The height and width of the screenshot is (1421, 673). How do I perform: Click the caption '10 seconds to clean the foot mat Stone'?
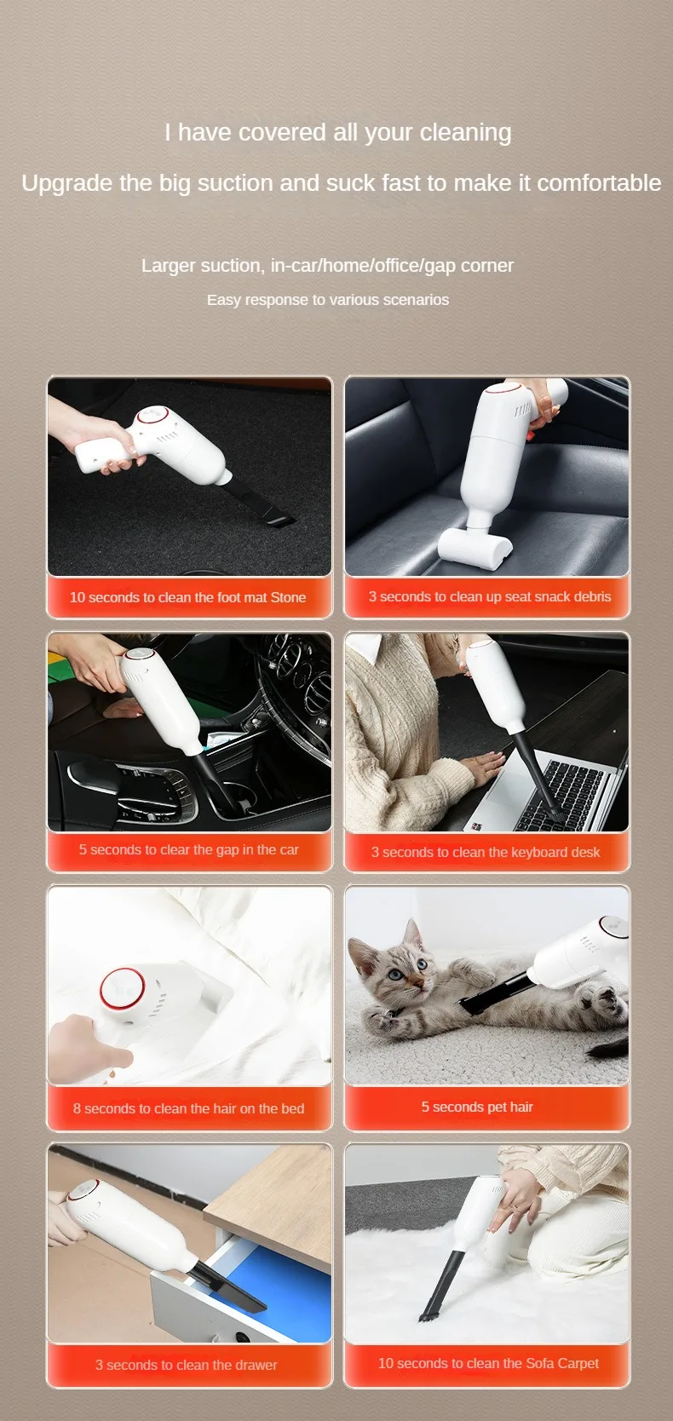click(x=187, y=597)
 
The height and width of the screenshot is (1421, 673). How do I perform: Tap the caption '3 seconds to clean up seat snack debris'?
click(x=490, y=596)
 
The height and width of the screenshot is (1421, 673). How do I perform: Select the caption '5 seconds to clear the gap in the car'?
click(x=188, y=849)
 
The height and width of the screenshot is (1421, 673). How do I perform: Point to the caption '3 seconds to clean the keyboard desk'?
click(x=486, y=852)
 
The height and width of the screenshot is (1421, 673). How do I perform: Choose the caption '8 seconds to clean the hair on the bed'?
click(x=188, y=1108)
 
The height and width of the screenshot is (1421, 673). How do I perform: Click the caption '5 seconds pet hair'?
click(x=477, y=1107)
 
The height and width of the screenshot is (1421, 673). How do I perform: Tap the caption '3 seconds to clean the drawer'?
click(x=186, y=1365)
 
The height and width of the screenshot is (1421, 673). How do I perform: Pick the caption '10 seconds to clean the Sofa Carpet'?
click(x=488, y=1362)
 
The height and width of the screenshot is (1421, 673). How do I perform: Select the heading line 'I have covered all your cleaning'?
click(x=338, y=132)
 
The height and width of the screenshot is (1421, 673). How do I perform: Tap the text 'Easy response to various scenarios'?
click(x=328, y=299)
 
